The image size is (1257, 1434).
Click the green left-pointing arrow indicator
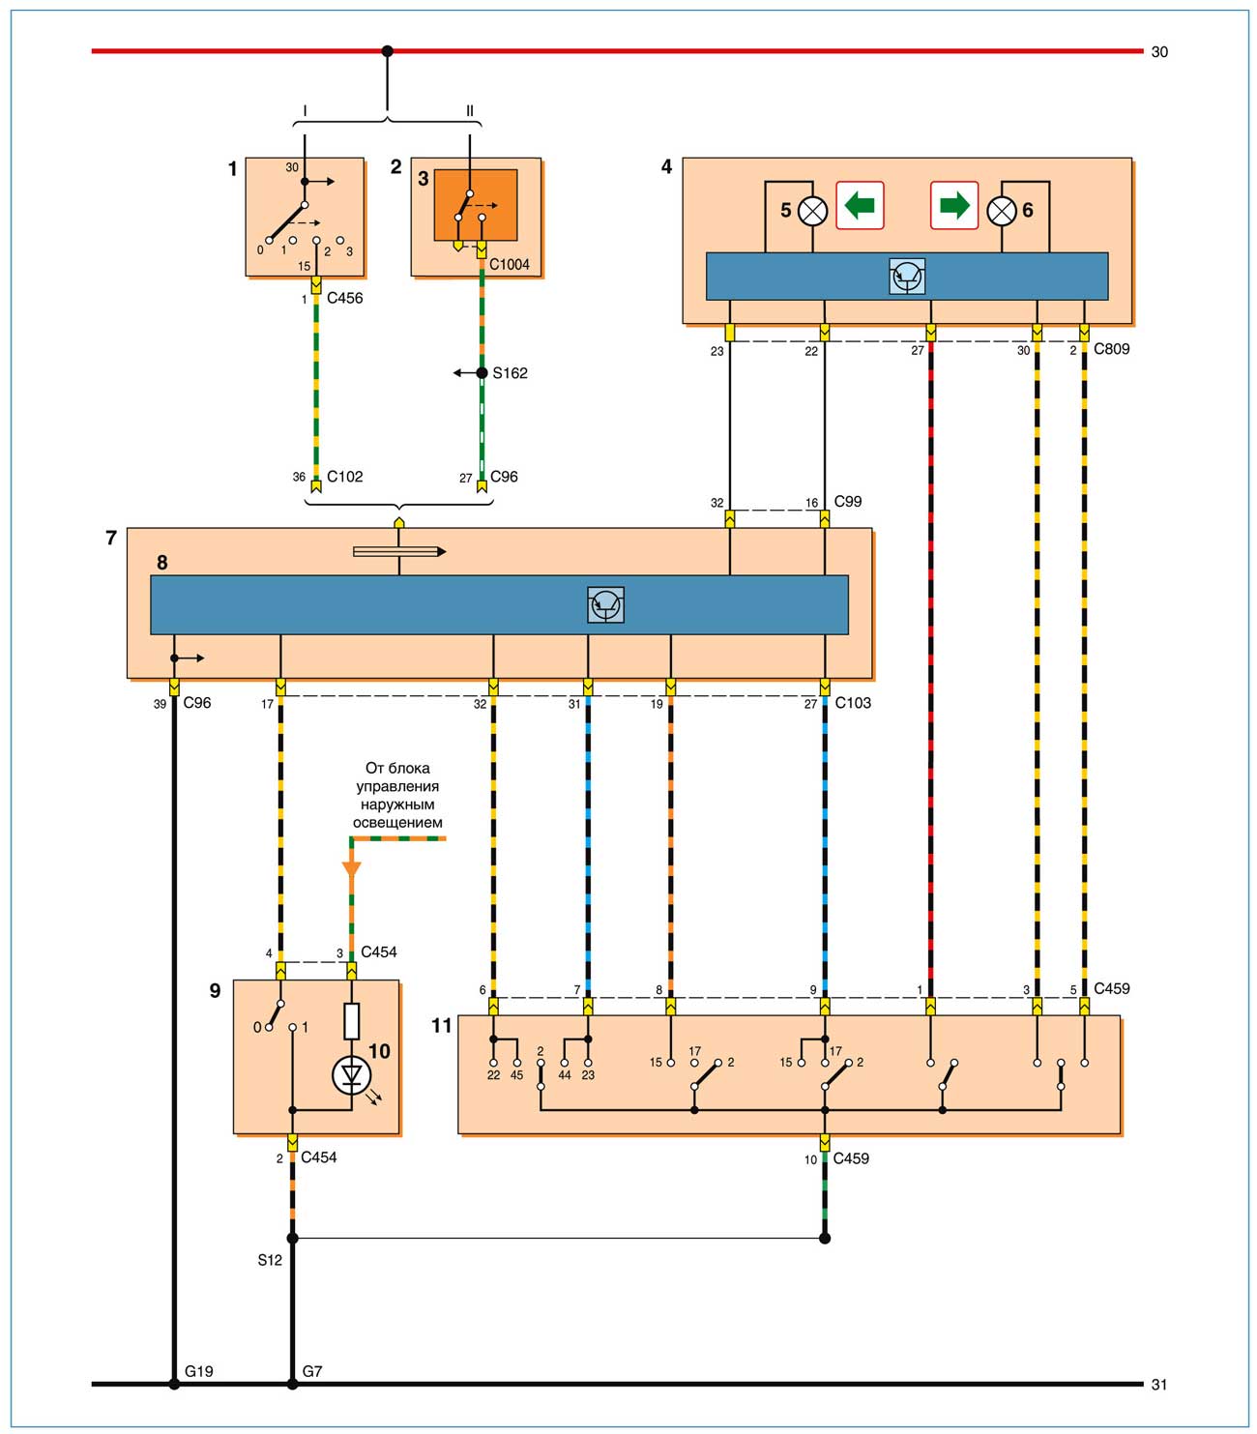[x=860, y=205]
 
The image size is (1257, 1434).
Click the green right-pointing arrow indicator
[x=954, y=205]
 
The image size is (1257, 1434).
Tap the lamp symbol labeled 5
[x=813, y=210]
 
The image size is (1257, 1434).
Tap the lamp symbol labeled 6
[x=1002, y=210]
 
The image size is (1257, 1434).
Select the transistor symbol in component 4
[x=907, y=277]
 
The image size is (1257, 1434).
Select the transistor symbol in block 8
[x=605, y=605]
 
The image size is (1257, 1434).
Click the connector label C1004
[x=510, y=264]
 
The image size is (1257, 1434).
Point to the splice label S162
[x=510, y=373]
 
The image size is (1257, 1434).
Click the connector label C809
[x=1111, y=348]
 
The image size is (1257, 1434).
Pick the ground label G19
[x=199, y=1371]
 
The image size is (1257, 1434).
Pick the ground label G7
[x=312, y=1371]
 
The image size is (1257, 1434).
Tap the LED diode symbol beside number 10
[x=351, y=1074]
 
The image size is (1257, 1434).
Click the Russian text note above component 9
[x=397, y=795]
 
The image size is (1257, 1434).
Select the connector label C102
[x=345, y=476]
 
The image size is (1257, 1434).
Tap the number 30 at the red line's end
[x=1159, y=52]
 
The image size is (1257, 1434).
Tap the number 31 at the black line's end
[x=1159, y=1385]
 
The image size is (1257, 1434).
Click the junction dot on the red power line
[x=388, y=51]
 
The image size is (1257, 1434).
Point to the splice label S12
[x=270, y=1260]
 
